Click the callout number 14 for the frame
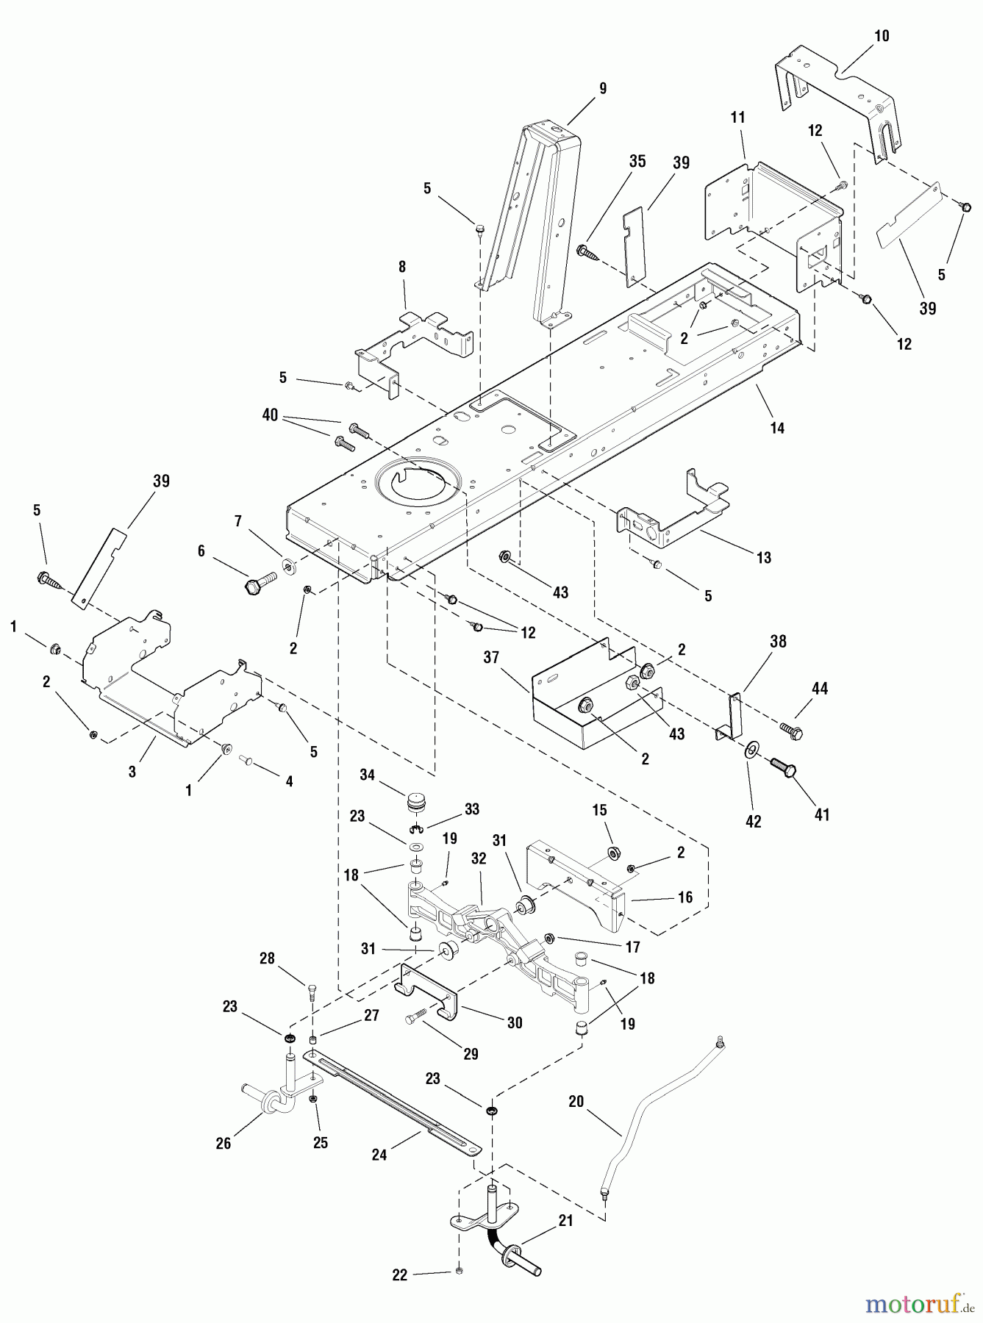tap(776, 428)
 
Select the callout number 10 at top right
tap(881, 36)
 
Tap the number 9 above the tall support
tap(603, 88)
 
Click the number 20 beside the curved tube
tap(576, 1101)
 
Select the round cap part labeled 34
tap(417, 802)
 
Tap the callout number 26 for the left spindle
tap(223, 1143)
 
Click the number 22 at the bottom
tap(399, 1275)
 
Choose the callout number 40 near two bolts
tap(271, 415)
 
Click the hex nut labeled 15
tap(612, 853)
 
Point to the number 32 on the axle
tap(479, 858)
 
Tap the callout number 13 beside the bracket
tap(764, 558)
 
